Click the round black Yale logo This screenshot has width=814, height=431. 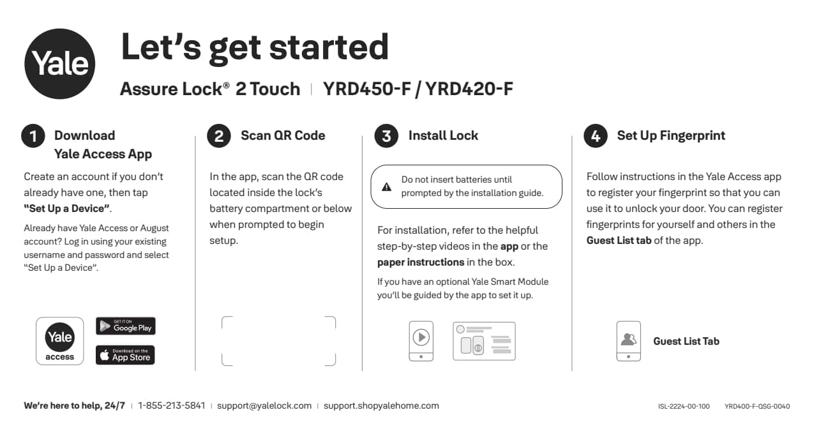(60, 63)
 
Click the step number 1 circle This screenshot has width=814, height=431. (33, 136)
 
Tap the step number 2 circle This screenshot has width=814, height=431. (219, 136)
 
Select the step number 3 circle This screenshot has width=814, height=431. (386, 136)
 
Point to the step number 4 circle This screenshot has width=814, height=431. (595, 136)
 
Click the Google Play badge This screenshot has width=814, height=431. (126, 326)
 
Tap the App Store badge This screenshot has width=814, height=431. (126, 355)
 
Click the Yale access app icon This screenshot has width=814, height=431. (59, 341)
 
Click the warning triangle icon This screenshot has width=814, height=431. (386, 187)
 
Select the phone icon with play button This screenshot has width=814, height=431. (421, 340)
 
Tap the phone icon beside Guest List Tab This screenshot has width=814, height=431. (628, 341)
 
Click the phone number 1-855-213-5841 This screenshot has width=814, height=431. (171, 405)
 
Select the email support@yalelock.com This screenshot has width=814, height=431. (264, 405)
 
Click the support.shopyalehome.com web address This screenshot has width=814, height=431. (381, 405)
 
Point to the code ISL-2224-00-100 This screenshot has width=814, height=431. (684, 406)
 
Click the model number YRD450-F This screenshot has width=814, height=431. (366, 89)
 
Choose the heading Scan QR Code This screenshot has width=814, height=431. (283, 135)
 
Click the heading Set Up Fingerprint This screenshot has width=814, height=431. (671, 135)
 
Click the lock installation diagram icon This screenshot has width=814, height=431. (484, 341)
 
